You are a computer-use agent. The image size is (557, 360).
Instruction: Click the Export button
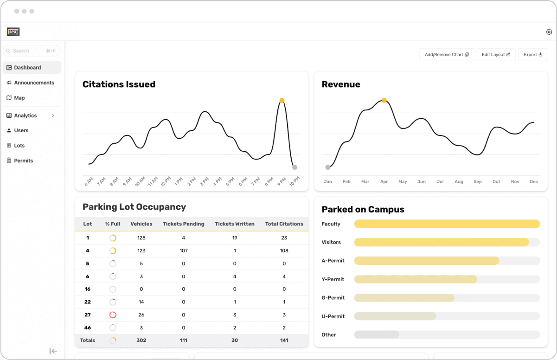pyautogui.click(x=533, y=55)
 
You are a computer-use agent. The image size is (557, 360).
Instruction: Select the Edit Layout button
pyautogui.click(x=496, y=55)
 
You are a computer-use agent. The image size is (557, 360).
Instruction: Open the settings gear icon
pyautogui.click(x=549, y=32)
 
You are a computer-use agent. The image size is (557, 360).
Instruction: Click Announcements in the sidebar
pyautogui.click(x=34, y=83)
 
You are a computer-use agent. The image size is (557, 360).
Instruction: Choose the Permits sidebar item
pyautogui.click(x=23, y=161)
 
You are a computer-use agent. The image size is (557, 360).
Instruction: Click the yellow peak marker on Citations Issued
pyautogui.click(x=282, y=100)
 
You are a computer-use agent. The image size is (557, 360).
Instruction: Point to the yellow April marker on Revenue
pyautogui.click(x=384, y=100)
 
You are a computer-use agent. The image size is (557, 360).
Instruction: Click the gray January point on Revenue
pyautogui.click(x=328, y=167)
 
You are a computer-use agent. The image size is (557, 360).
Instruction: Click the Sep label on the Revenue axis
pyautogui.click(x=478, y=182)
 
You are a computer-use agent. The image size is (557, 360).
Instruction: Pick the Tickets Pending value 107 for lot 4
pyautogui.click(x=183, y=251)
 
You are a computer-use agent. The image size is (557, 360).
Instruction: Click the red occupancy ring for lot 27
pyautogui.click(x=113, y=315)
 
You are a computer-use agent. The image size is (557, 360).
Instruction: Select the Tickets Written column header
pyautogui.click(x=235, y=224)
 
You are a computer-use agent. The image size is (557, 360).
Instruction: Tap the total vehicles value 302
pyautogui.click(x=141, y=340)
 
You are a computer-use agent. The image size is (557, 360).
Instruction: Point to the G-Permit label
pyautogui.click(x=333, y=297)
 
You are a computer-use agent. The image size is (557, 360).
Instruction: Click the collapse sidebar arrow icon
pyautogui.click(x=53, y=351)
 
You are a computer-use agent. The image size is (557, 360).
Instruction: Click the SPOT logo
pyautogui.click(x=13, y=32)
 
